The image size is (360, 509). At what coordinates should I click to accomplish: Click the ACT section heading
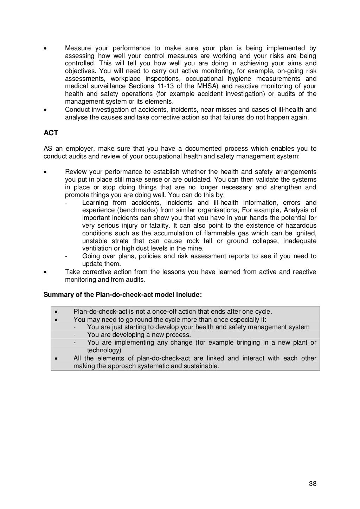pyautogui.click(x=51, y=133)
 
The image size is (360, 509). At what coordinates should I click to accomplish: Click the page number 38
pyautogui.click(x=313, y=484)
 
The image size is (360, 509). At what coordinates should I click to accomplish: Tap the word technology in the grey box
pyautogui.click(x=103, y=350)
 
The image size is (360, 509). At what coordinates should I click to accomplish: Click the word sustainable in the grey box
pyautogui.click(x=201, y=366)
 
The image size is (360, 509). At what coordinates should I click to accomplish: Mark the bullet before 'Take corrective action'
pyautogui.click(x=45, y=272)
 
